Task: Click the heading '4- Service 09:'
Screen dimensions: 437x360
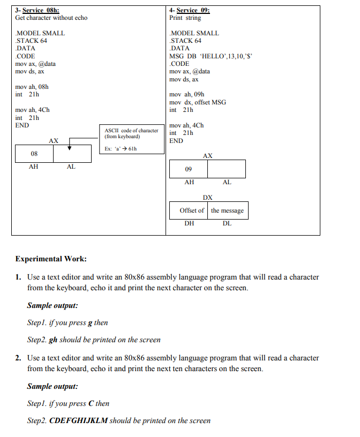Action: tap(189, 10)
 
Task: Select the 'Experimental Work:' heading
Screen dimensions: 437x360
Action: tap(51, 259)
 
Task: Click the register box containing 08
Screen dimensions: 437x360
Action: tap(34, 154)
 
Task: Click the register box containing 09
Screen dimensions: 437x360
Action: tap(188, 169)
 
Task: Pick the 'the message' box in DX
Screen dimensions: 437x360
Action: tap(227, 210)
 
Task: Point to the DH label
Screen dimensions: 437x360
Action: tap(189, 223)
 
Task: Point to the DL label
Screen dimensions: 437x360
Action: tap(227, 223)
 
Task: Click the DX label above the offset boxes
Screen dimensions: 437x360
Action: tap(207, 198)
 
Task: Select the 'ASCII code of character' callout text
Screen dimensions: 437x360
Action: tap(131, 130)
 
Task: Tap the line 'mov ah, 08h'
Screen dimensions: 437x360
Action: tap(32, 87)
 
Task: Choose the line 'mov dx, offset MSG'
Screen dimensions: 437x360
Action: tap(197, 102)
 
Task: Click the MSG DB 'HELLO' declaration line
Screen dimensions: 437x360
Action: tap(211, 56)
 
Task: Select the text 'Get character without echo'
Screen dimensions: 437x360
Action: tap(51, 18)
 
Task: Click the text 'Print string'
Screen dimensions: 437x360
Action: tap(185, 18)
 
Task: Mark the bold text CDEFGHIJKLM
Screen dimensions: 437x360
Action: tap(78, 420)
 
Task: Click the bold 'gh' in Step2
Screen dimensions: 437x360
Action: tap(53, 340)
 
